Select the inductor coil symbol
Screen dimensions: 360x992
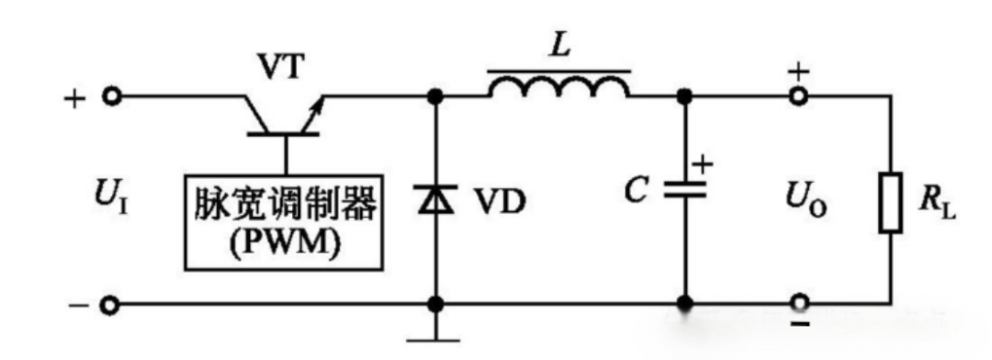pos(558,86)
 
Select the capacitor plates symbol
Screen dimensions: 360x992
pos(684,189)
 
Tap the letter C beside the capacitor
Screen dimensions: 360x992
pos(636,190)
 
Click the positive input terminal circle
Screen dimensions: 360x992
pos(112,96)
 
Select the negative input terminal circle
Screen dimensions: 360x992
pos(112,305)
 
